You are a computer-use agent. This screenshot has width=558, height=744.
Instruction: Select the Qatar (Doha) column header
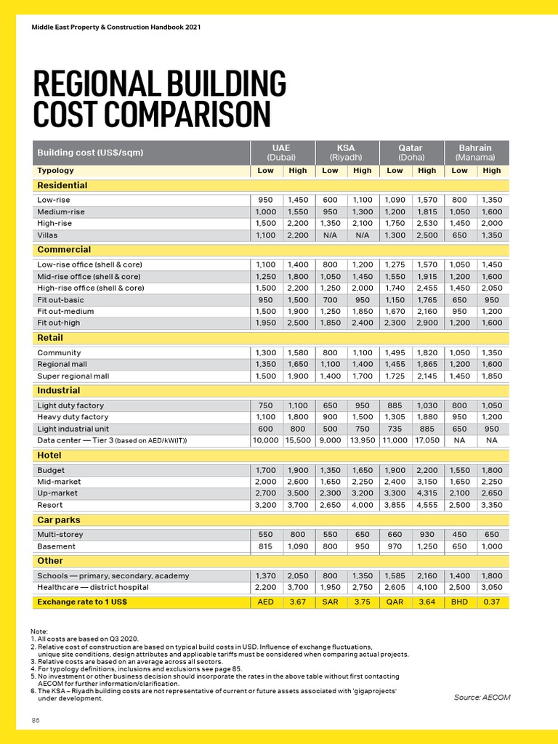click(411, 152)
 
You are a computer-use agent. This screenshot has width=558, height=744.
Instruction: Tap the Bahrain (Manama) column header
click(475, 152)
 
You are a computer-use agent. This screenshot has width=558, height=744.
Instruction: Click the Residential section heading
click(62, 185)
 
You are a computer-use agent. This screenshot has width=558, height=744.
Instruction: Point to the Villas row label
click(47, 235)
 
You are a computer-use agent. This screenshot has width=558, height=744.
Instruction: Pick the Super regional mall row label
click(73, 376)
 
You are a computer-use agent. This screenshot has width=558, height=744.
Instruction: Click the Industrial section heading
click(59, 391)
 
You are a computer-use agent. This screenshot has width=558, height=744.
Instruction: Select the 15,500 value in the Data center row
click(298, 440)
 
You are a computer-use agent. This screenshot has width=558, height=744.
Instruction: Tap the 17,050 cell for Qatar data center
click(427, 440)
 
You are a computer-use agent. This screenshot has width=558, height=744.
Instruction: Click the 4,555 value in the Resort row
click(427, 505)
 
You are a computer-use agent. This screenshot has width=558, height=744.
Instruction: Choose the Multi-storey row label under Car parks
click(60, 534)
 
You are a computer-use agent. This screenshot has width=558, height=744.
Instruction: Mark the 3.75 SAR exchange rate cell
click(363, 602)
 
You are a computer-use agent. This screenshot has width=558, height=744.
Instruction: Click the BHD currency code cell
click(459, 602)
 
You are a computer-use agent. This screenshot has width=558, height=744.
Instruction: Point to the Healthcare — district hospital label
click(93, 587)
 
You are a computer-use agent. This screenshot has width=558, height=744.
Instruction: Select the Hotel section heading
click(49, 456)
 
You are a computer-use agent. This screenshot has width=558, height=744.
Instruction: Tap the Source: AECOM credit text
click(482, 697)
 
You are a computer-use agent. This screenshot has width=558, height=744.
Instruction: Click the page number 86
click(35, 720)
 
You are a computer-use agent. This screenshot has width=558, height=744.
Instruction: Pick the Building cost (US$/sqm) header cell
click(90, 153)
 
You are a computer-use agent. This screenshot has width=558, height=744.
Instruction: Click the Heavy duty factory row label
click(73, 417)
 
